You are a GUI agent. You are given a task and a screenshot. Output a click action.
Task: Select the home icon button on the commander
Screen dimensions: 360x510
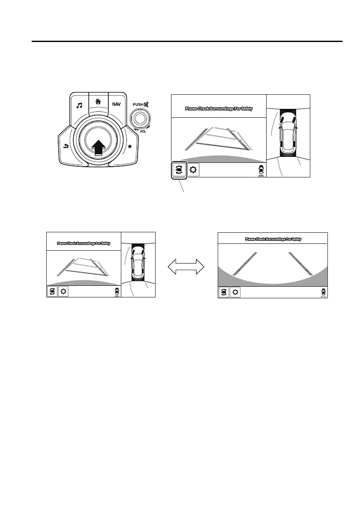click(x=98, y=102)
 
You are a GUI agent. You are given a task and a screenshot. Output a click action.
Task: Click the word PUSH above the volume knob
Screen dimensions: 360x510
click(x=139, y=104)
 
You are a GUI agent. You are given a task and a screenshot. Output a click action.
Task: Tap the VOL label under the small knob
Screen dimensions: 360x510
click(x=143, y=132)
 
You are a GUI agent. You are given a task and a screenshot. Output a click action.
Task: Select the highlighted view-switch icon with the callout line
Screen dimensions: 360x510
click(x=179, y=170)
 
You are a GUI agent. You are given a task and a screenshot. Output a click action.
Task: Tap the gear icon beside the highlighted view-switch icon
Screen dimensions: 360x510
click(x=193, y=170)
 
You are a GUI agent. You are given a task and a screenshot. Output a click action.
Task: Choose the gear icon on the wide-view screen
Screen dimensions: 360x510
click(x=235, y=293)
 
